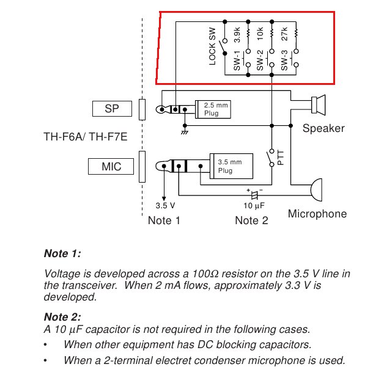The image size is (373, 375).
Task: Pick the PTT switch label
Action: [281, 158]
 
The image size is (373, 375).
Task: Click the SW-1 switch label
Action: [237, 64]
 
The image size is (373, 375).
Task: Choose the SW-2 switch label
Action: [260, 64]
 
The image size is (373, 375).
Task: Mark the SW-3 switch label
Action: [284, 64]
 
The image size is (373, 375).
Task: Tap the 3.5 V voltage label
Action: [166, 205]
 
